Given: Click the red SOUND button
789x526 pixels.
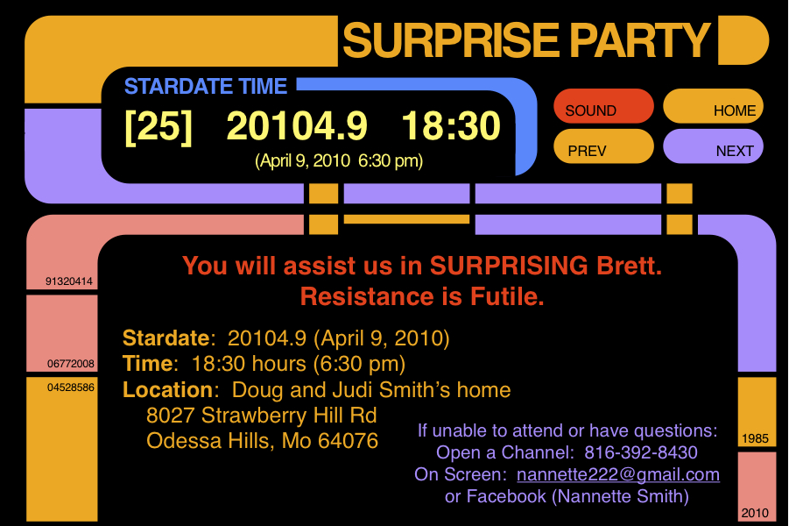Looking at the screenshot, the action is (603, 106).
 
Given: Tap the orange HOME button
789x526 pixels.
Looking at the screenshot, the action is (713, 106).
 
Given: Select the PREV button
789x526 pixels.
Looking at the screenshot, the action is (603, 146).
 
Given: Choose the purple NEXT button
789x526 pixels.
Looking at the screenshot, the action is (713, 146).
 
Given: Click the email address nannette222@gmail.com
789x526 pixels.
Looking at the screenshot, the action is (618, 474).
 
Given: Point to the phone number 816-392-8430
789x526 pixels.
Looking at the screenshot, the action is (641, 452).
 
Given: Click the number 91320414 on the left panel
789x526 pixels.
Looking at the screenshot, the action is (69, 281).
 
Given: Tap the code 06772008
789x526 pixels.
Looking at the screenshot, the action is (70, 364).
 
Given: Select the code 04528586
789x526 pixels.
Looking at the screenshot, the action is (70, 387).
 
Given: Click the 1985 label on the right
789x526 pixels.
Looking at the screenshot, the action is (756, 438).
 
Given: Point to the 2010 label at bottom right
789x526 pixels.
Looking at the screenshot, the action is (756, 513).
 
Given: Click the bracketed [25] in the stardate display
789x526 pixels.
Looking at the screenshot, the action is (159, 126).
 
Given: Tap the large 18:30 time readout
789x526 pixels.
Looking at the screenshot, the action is (451, 125).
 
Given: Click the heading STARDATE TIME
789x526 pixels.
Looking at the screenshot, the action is (206, 86).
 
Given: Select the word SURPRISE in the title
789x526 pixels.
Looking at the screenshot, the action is (451, 40).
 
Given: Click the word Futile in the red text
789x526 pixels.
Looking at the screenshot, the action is (507, 296).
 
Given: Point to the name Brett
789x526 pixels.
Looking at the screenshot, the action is (629, 266).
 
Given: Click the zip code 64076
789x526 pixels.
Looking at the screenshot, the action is (348, 441).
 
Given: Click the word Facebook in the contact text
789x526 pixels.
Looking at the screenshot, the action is (506, 496).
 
